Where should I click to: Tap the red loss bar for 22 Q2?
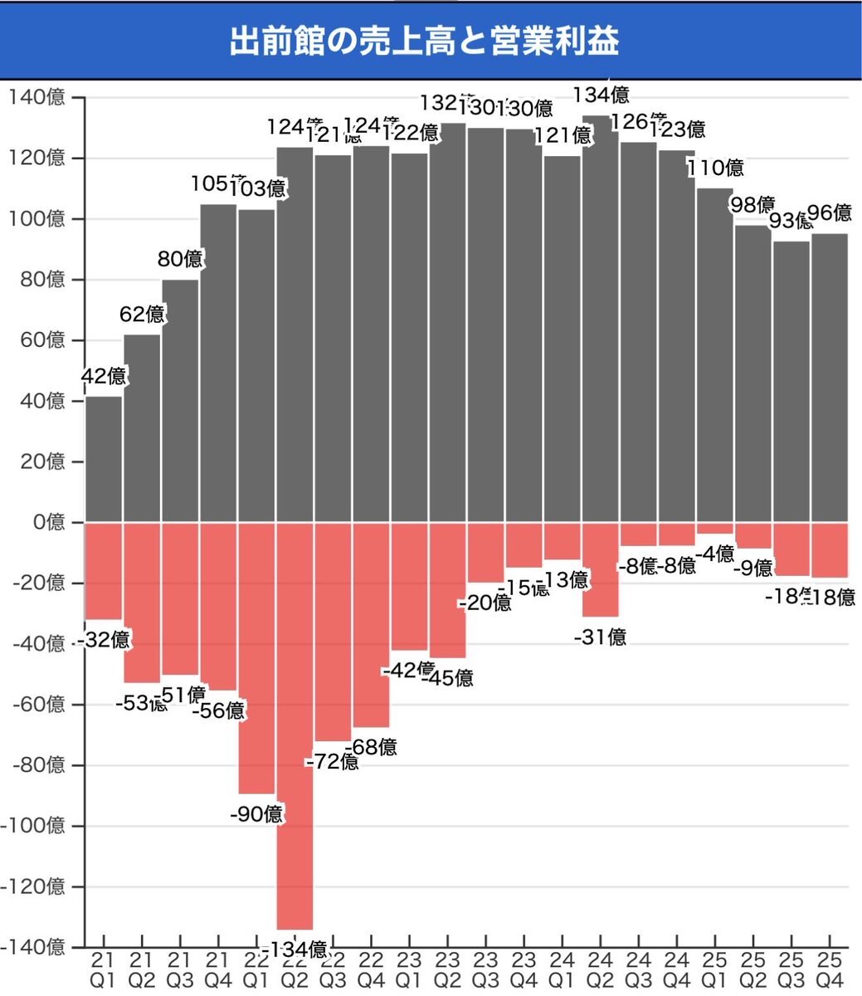tap(295, 726)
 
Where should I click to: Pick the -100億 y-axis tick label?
tap(35, 827)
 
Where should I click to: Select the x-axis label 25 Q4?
tap(830, 969)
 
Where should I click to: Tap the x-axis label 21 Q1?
tap(104, 969)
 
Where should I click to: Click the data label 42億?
tap(104, 376)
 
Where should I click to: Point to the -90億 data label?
tap(256, 814)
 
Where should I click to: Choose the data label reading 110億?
tap(715, 168)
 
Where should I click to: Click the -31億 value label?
tap(600, 637)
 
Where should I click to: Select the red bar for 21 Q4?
tap(218, 606)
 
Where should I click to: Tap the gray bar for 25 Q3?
tap(791, 382)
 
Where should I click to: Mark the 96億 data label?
tap(830, 213)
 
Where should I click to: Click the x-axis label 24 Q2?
tap(600, 969)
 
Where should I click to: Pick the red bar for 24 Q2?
tap(600, 569)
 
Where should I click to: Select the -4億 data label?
tap(715, 553)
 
